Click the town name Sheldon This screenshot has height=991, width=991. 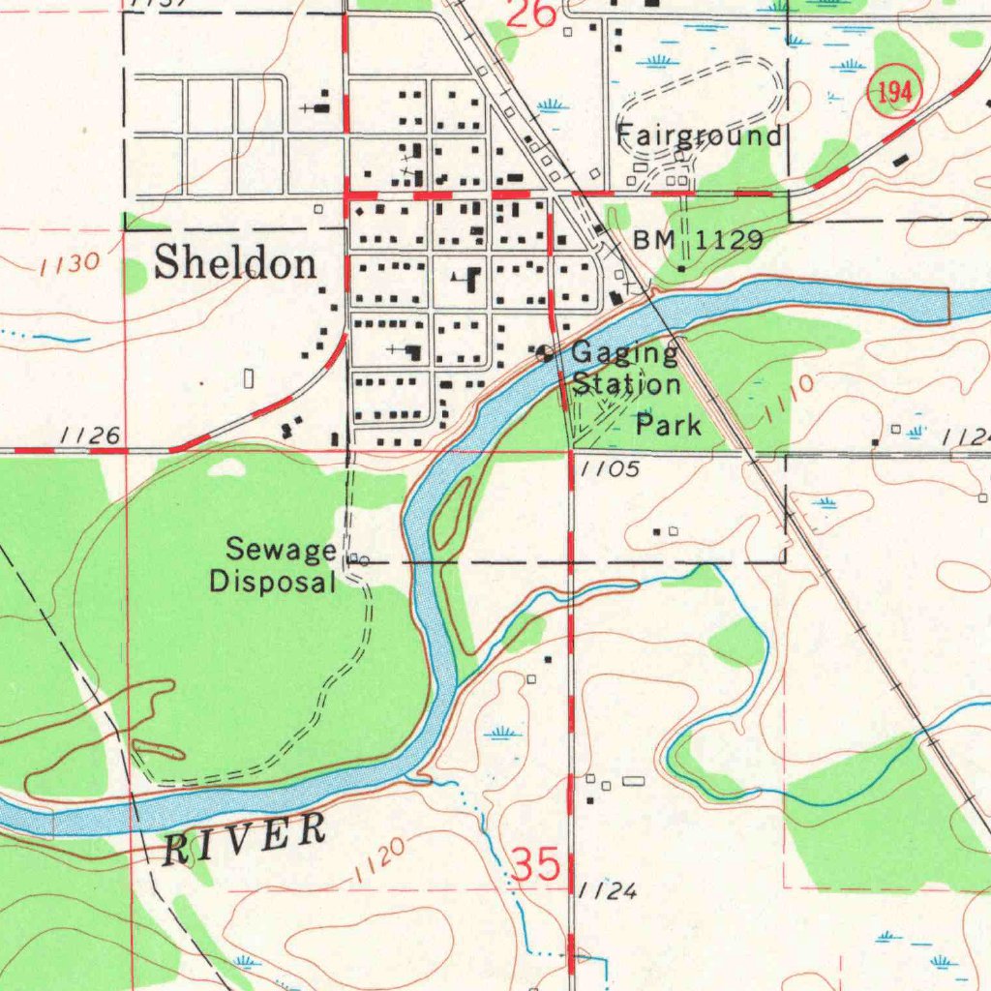tap(235, 262)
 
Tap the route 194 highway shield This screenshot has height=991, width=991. tap(895, 94)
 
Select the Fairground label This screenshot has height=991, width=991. tap(699, 135)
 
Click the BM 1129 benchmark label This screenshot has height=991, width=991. tap(698, 240)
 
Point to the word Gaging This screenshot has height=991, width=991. tap(624, 354)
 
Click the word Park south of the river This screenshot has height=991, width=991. tap(668, 424)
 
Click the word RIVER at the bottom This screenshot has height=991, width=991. tap(244, 839)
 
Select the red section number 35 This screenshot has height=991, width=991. tap(535, 864)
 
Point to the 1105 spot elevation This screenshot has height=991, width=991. tap(611, 470)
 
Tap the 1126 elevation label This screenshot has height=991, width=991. tap(90, 436)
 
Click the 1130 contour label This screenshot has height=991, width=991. tap(71, 263)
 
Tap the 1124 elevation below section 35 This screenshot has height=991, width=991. tap(608, 891)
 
